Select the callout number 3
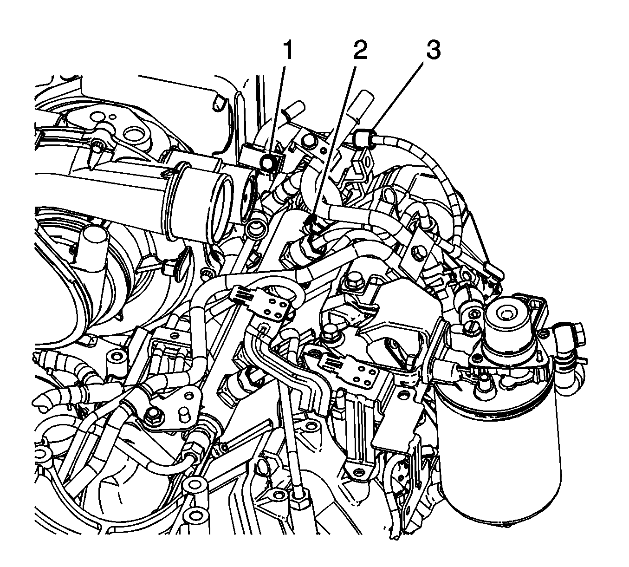[433, 50]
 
